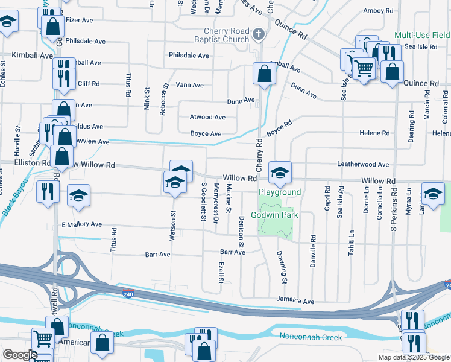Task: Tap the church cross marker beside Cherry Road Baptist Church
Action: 259,34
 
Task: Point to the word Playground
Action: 280,192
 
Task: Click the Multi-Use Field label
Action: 423,36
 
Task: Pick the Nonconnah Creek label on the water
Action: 310,337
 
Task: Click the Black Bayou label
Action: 14,200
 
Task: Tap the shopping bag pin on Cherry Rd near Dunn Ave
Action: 264,74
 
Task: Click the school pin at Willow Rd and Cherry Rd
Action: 280,173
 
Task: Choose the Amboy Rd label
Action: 378,11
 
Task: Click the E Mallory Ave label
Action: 81,224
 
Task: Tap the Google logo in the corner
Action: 20,355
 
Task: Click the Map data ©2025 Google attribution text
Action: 414,357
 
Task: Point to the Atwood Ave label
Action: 207,118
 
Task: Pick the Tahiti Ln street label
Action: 351,242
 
